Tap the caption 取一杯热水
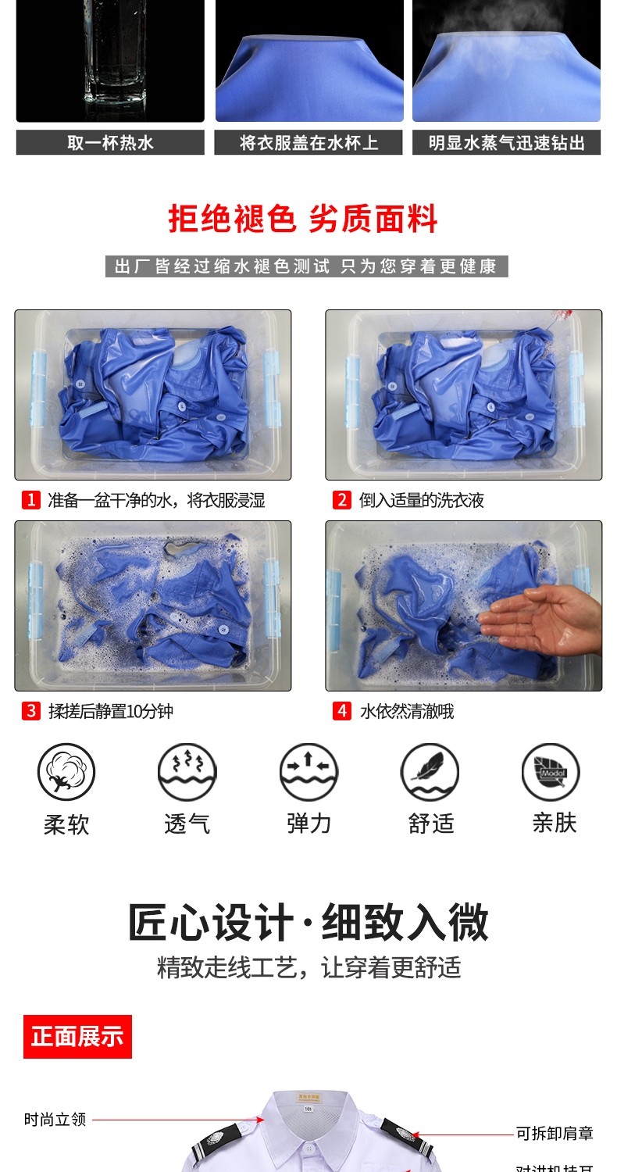110,143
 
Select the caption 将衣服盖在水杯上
308,143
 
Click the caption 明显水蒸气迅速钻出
507,143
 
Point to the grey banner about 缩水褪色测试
306,266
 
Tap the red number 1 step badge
30,500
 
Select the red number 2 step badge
341,500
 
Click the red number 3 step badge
30,711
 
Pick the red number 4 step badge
341,711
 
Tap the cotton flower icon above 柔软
66,772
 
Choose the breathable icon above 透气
187,772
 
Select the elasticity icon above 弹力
308,772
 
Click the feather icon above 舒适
430,772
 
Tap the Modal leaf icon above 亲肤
551,772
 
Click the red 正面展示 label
77,1037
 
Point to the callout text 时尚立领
55,1120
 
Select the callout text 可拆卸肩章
555,1133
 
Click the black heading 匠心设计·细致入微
308,923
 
